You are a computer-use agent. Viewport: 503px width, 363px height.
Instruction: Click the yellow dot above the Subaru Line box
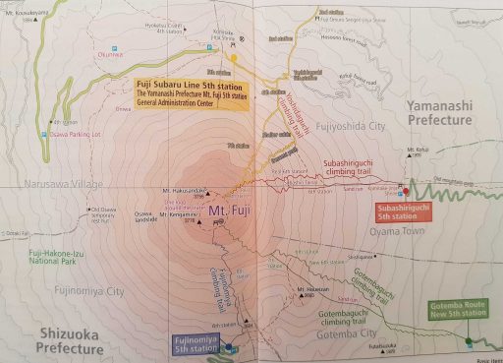[234, 58]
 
